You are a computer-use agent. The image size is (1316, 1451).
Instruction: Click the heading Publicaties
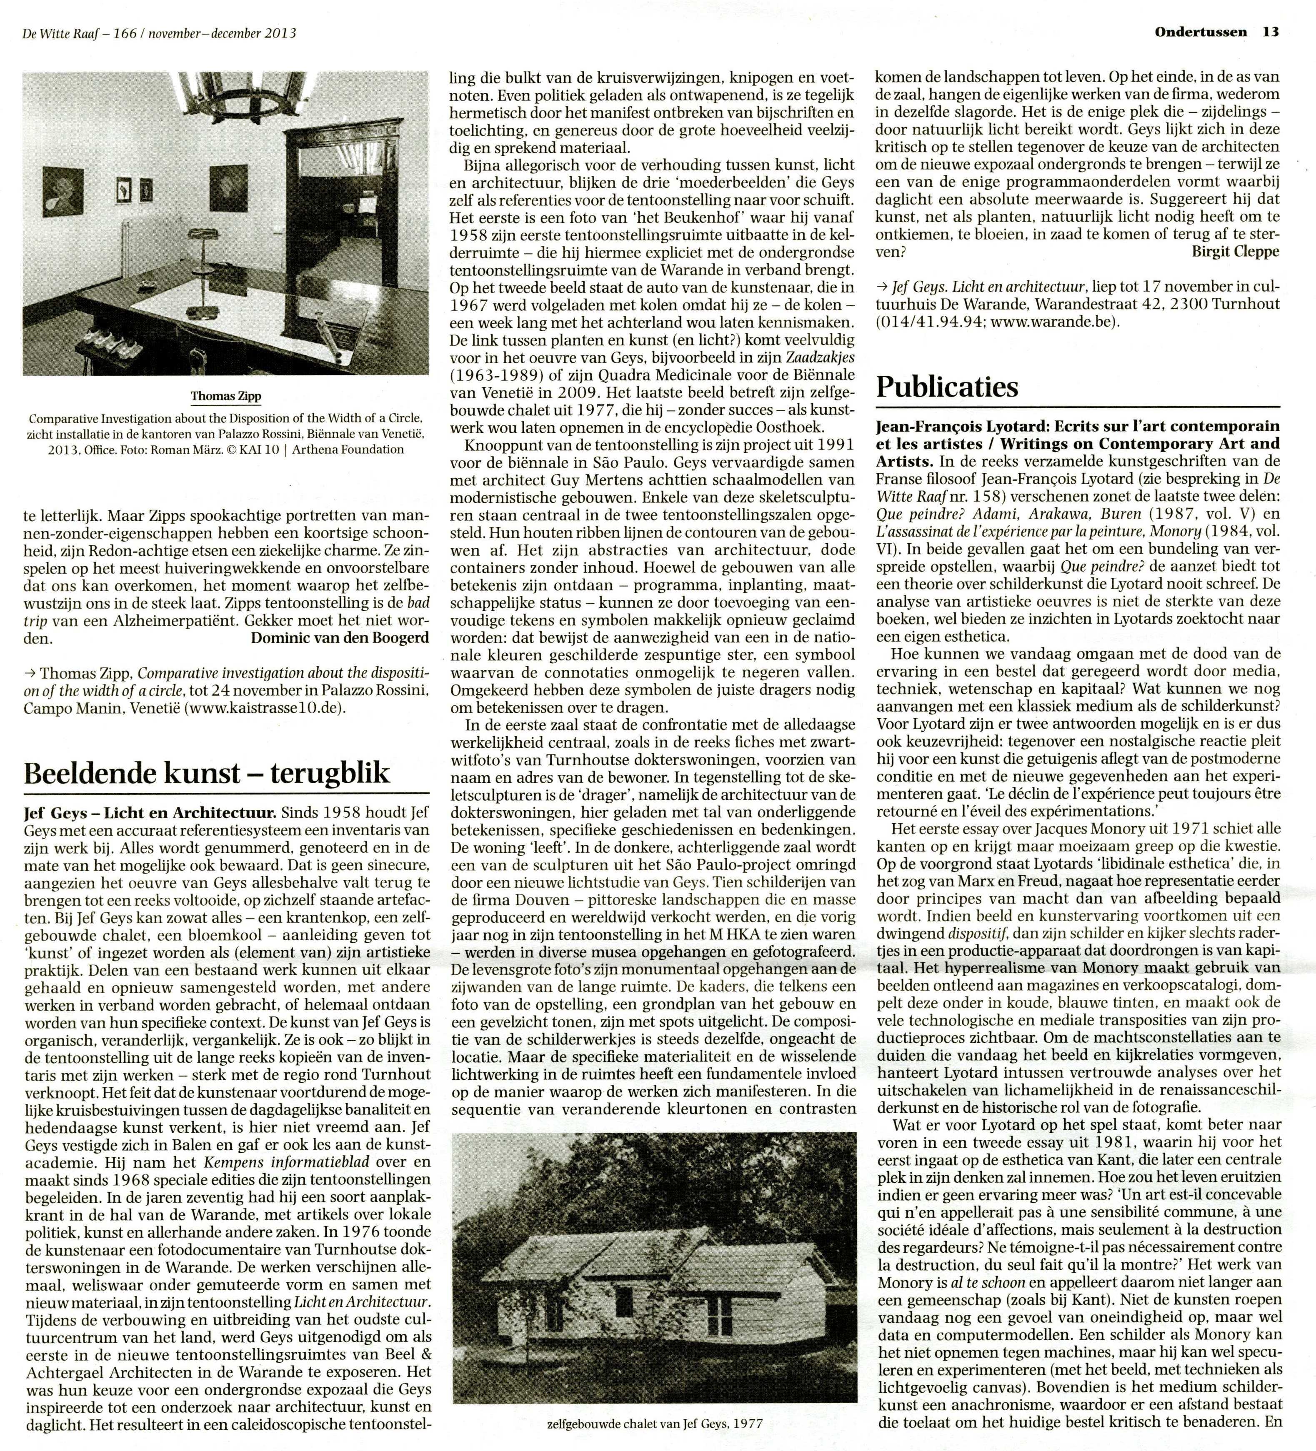[947, 387]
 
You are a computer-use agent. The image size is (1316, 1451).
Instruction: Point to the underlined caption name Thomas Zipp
[225, 397]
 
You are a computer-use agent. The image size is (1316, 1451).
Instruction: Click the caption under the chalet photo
[654, 1423]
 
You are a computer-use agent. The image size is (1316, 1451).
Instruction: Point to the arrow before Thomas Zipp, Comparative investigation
[30, 673]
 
